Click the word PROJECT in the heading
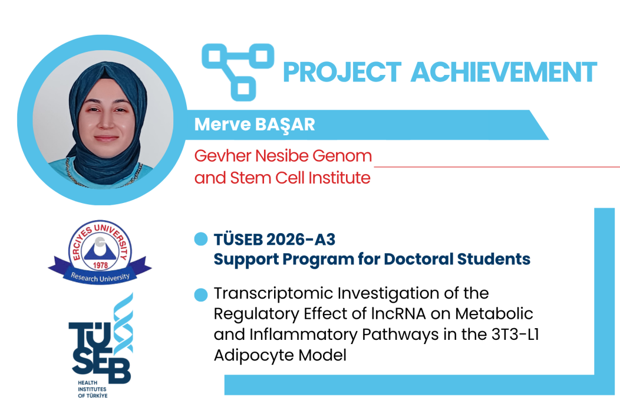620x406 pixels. [342, 72]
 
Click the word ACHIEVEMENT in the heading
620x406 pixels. [504, 72]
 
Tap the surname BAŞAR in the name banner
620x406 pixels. [285, 125]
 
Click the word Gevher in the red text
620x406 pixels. [223, 156]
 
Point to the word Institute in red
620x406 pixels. [339, 178]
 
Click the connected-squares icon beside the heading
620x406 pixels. [238, 71]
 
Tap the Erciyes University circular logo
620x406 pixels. [100, 252]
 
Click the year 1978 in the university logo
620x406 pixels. [100, 265]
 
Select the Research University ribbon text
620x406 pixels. [100, 277]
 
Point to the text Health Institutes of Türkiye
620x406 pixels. [92, 389]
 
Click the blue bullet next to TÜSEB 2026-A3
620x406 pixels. [201, 239]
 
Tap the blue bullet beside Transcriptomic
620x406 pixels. [201, 294]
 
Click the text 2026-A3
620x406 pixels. [301, 240]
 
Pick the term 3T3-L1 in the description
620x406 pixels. [515, 335]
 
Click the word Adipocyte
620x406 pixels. [254, 355]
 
